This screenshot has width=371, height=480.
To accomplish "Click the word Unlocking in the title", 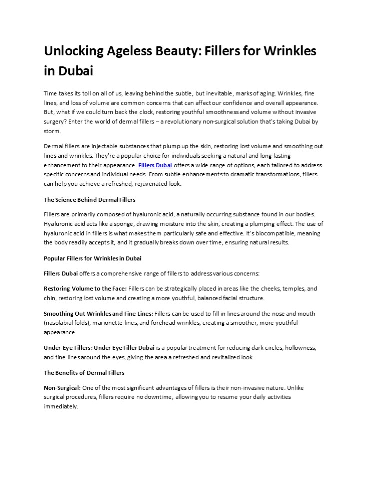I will point(73,51).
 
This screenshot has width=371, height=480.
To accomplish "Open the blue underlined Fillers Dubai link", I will point(155,165).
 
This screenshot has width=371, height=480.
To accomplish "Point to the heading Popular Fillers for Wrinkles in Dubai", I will point(92,258).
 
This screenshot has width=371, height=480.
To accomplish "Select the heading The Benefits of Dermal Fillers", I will point(84,373).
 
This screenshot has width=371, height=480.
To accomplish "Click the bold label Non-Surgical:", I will point(62,387).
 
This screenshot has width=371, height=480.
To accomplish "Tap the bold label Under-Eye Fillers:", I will point(68,347).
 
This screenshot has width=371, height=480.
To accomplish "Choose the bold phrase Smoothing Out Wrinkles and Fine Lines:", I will point(99,313).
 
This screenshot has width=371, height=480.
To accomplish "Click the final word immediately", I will point(61,406).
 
